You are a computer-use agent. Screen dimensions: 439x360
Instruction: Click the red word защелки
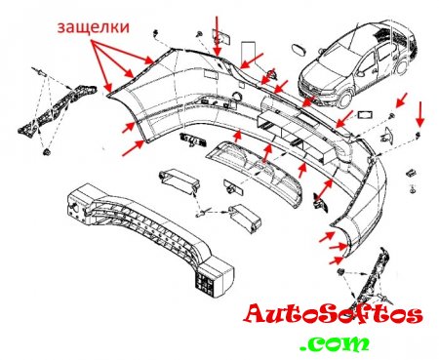click(94, 27)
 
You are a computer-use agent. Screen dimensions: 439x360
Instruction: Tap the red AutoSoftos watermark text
click(333, 314)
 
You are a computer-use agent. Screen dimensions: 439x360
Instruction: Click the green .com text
click(335, 343)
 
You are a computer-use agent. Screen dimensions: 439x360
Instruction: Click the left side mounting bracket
click(57, 109)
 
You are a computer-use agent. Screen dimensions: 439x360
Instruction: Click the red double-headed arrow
click(323, 189)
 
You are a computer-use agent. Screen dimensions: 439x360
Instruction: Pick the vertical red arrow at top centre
click(218, 36)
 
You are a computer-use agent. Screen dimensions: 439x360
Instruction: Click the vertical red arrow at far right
click(420, 114)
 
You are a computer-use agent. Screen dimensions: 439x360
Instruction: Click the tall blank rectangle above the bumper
click(248, 55)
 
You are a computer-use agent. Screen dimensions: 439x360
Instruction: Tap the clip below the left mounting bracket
click(47, 152)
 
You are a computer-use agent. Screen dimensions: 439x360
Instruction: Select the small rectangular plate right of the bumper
click(365, 115)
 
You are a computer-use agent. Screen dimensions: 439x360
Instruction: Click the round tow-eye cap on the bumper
click(236, 97)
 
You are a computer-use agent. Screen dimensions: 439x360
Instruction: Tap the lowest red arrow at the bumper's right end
click(337, 260)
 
